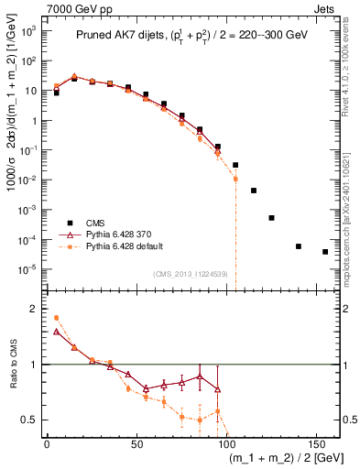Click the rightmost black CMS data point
point(325,252)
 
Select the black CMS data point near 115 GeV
point(254,191)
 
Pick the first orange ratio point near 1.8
point(56,318)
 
